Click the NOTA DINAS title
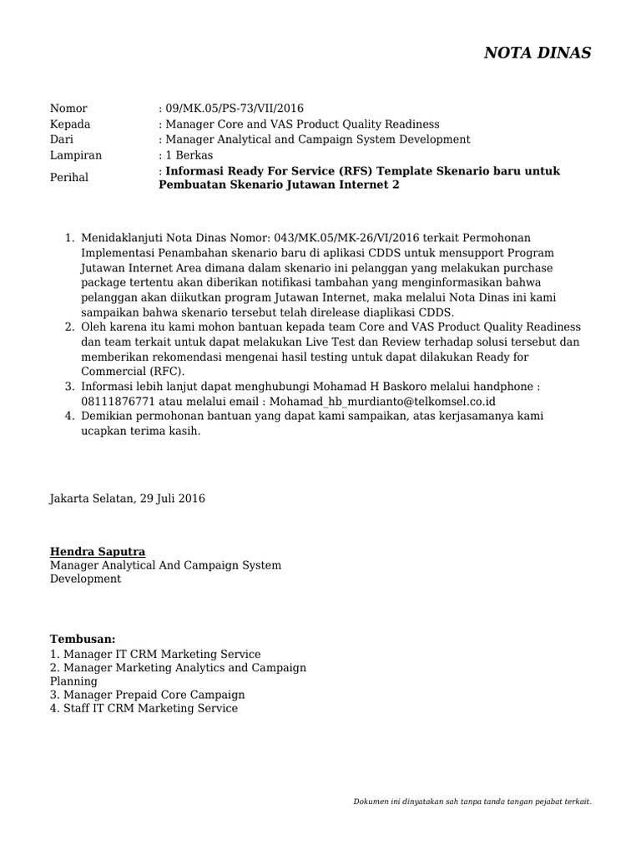(538, 53)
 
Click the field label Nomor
(68, 109)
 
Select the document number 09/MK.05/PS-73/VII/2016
(235, 109)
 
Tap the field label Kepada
(70, 124)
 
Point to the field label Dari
(63, 139)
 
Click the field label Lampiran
(76, 155)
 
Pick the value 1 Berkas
(189, 155)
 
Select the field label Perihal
(69, 178)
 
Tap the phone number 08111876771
(118, 401)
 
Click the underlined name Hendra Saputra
(98, 552)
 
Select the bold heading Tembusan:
(83, 639)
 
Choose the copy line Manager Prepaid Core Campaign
(154, 695)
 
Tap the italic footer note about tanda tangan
(473, 802)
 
